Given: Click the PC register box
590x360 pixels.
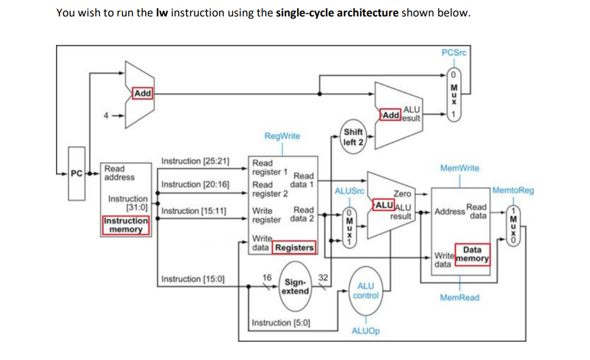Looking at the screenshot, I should pyautogui.click(x=76, y=173).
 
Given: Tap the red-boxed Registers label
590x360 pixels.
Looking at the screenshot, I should pyautogui.click(x=293, y=247).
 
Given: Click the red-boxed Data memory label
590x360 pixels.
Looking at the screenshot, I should pyautogui.click(x=472, y=254).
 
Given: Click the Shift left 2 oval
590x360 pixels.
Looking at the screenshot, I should pyautogui.click(x=353, y=137).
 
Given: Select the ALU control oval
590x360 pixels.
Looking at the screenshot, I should pyautogui.click(x=366, y=291).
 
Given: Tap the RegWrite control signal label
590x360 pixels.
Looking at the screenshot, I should pyautogui.click(x=282, y=136).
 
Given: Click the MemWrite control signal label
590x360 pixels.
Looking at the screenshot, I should pyautogui.click(x=460, y=168).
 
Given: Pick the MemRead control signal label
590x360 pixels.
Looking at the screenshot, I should pyautogui.click(x=460, y=298).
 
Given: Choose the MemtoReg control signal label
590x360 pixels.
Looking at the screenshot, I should pyautogui.click(x=513, y=190).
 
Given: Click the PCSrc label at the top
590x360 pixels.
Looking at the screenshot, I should pyautogui.click(x=454, y=52).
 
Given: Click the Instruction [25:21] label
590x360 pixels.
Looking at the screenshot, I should pyautogui.click(x=195, y=161).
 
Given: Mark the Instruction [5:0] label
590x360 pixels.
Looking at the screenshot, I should pyautogui.click(x=281, y=322).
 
